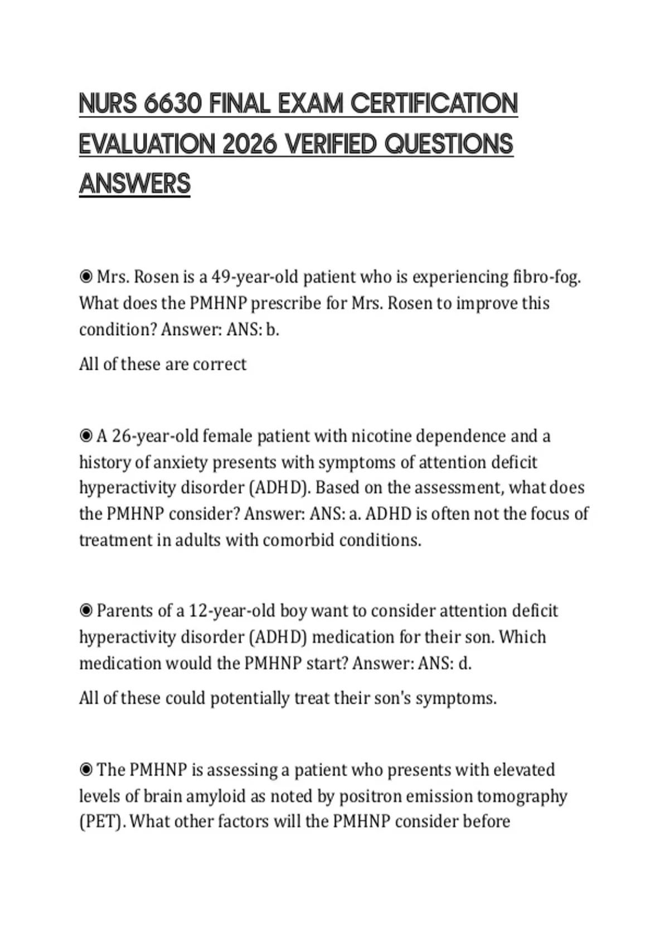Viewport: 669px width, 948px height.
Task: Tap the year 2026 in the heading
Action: pos(250,144)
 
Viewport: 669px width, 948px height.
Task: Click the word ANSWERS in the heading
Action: pos(135,184)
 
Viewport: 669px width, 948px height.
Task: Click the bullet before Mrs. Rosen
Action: pos(86,277)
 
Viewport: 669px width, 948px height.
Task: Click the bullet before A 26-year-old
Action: pos(86,436)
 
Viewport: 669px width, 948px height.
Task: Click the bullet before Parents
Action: pos(86,611)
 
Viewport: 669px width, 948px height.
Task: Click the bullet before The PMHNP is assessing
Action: pos(86,770)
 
